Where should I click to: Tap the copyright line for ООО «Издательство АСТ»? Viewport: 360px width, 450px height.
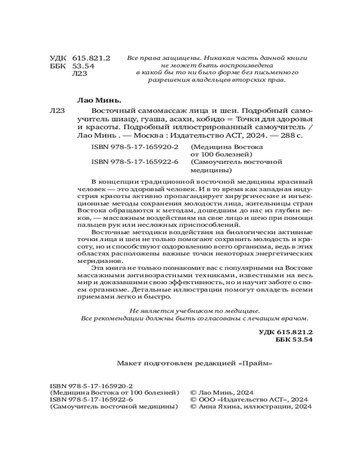[250, 399]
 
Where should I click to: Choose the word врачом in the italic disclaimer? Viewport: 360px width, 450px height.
[296, 318]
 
